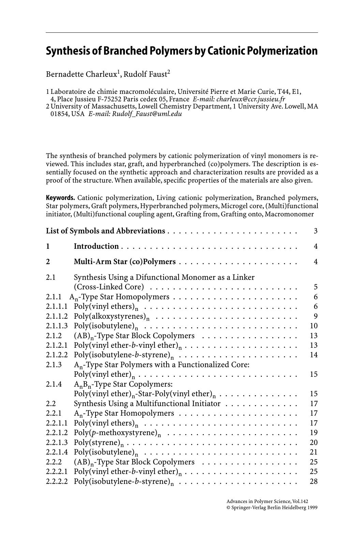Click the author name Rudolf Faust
(145, 74)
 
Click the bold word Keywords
(60, 198)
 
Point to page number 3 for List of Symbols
(316, 231)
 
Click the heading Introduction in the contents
(96, 246)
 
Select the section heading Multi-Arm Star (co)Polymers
(125, 262)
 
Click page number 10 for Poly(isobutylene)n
(314, 326)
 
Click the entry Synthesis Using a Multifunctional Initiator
(147, 404)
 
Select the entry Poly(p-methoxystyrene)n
(117, 433)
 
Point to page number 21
(314, 452)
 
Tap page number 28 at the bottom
(314, 482)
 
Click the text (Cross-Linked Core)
(109, 287)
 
